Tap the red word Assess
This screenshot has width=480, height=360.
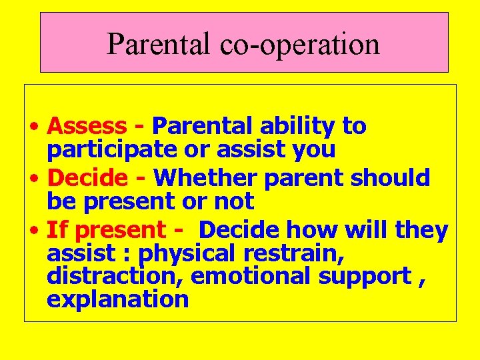pyautogui.click(x=87, y=125)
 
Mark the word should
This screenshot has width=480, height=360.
pyautogui.click(x=395, y=178)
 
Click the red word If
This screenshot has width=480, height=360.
pyautogui.click(x=57, y=230)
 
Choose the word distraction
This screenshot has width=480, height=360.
pyautogui.click(x=109, y=276)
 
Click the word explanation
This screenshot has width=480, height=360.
pyautogui.click(x=117, y=299)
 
